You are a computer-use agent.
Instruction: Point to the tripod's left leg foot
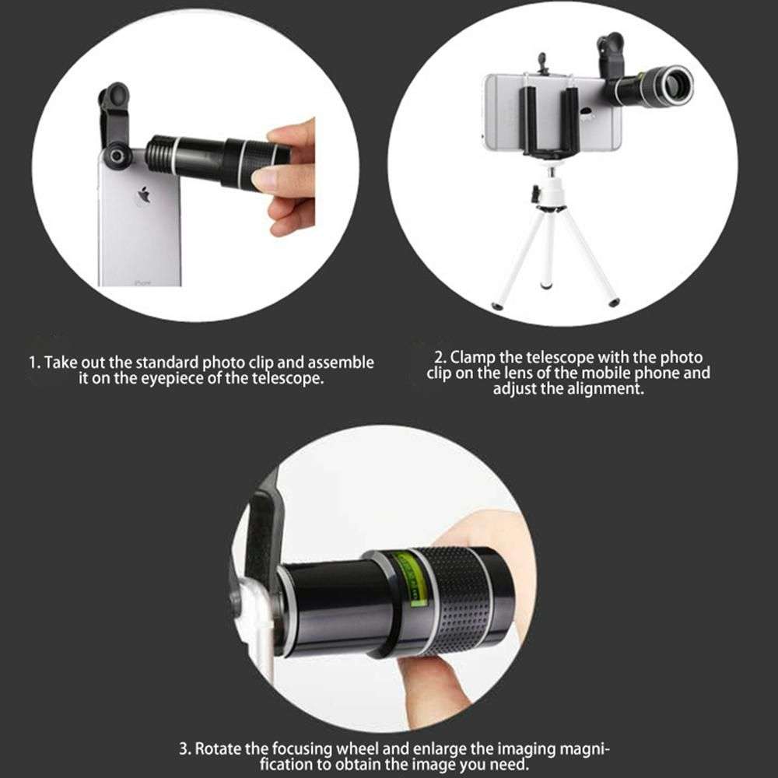click(x=497, y=307)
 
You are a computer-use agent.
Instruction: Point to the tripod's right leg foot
click(x=613, y=301)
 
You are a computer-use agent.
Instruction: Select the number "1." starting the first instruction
click(x=35, y=363)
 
